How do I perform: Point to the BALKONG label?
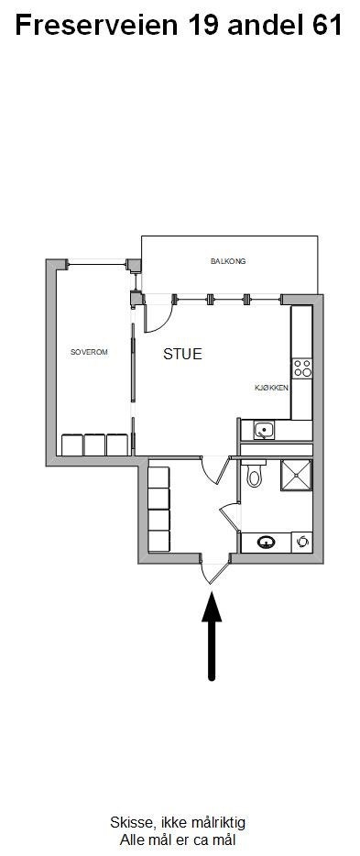[228, 261]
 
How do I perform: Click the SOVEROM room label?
[89, 352]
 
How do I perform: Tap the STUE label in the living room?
[182, 354]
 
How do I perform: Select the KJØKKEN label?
[272, 388]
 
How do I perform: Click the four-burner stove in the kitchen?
[301, 368]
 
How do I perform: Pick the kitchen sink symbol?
[264, 429]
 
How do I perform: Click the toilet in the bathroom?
[255, 475]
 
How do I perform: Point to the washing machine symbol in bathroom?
[302, 543]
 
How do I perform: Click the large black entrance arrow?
[213, 634]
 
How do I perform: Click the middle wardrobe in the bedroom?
[94, 444]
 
